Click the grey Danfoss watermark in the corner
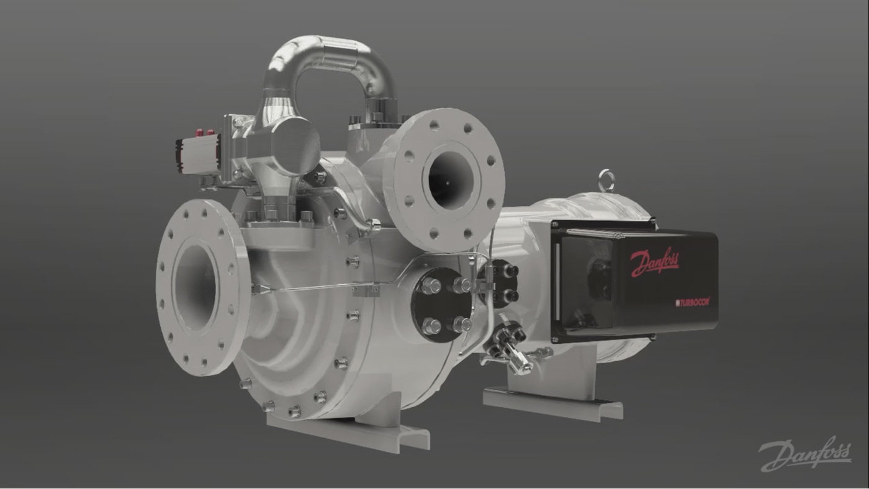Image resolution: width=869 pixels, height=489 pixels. point(805,455)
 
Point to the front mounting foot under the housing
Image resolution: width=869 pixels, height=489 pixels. point(348,428)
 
